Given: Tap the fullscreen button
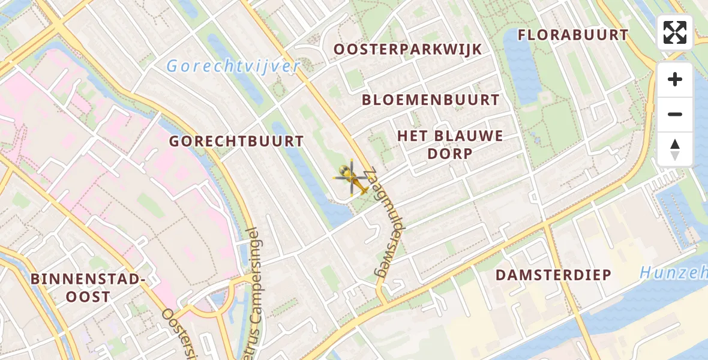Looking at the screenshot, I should [675, 32].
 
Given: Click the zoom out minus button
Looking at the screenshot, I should [675, 114].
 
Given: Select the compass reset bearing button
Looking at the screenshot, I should [675, 149].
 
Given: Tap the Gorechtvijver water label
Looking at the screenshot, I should [232, 67].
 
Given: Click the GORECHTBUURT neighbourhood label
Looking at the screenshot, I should [236, 142].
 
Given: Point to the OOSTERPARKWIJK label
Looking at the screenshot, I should [407, 49].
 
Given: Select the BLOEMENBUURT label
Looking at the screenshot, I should [430, 100].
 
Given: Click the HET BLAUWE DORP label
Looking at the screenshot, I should [450, 144].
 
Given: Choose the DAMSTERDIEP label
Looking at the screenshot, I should [553, 275].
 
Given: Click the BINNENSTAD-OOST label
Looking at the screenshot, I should [88, 287].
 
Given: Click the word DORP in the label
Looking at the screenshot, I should [450, 153].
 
